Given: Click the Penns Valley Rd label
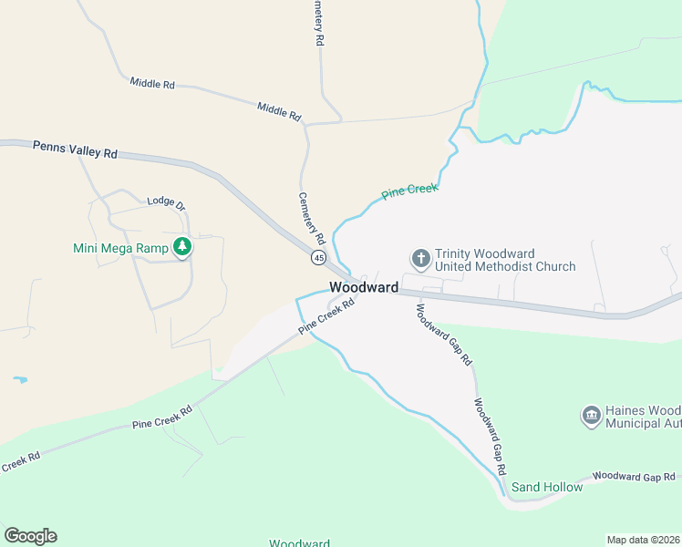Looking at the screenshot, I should pos(75,150).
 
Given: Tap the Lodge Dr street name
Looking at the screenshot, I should pos(165,203).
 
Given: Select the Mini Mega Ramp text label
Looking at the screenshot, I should pos(122,247).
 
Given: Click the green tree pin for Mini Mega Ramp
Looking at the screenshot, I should pos(182,246).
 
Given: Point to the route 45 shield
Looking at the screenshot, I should pos(318,258).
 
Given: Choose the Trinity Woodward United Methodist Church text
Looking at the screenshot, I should pos(504,260).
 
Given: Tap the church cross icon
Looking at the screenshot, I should pos(420,259).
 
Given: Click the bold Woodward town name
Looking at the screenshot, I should pos(364,287).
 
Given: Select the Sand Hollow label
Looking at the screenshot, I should pos(546,487).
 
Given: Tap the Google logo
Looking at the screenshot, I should pos(30,536).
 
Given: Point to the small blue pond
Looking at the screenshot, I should pos(20,378).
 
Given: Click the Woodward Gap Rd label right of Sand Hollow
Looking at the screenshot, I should pos(635,476).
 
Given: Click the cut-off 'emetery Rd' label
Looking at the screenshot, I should pos(317,23).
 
